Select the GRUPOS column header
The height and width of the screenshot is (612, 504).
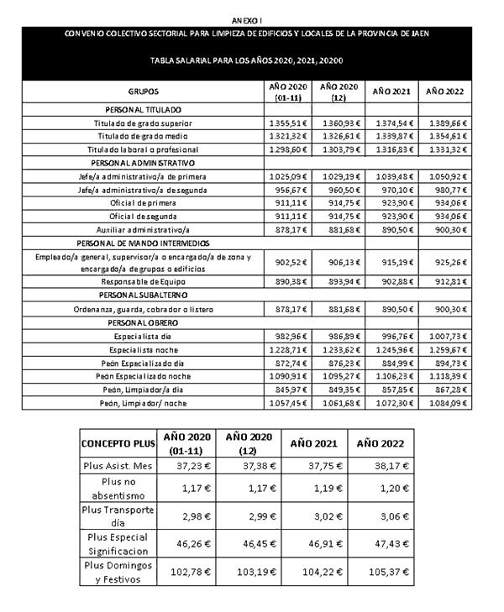point(143,91)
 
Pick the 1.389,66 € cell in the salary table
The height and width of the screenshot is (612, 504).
point(446,123)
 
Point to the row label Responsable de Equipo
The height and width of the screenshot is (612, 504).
point(143,282)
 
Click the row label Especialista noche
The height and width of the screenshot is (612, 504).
point(143,348)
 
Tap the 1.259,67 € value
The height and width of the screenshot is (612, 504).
point(446,348)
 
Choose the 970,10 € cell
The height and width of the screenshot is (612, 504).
point(391,190)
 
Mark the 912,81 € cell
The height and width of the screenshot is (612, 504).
point(446,282)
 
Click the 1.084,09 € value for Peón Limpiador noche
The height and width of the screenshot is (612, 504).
point(446,402)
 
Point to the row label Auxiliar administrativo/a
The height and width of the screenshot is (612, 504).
point(143,229)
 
